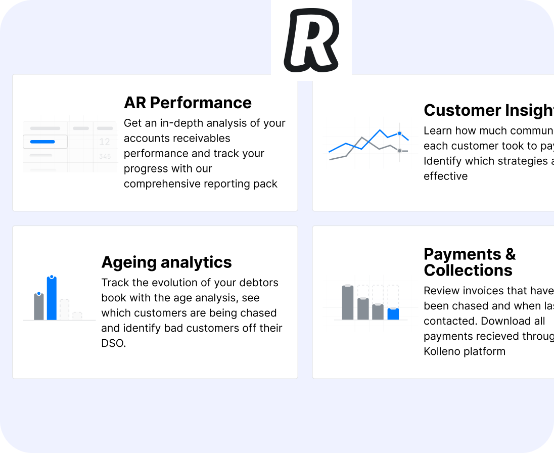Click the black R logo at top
tap(310, 40)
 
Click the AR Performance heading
tap(188, 103)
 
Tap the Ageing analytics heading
tap(166, 262)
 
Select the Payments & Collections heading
tap(469, 262)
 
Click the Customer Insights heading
tap(488, 110)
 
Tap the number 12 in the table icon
tap(105, 142)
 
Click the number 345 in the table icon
tap(105, 157)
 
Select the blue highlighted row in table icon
tap(44, 142)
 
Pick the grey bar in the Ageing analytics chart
tap(39, 307)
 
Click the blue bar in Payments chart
tap(393, 314)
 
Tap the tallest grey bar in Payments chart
tap(348, 303)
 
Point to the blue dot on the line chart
tap(399, 133)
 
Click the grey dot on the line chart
tap(399, 151)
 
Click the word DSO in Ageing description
tap(113, 343)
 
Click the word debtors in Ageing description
tap(260, 283)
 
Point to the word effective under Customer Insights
tap(445, 176)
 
